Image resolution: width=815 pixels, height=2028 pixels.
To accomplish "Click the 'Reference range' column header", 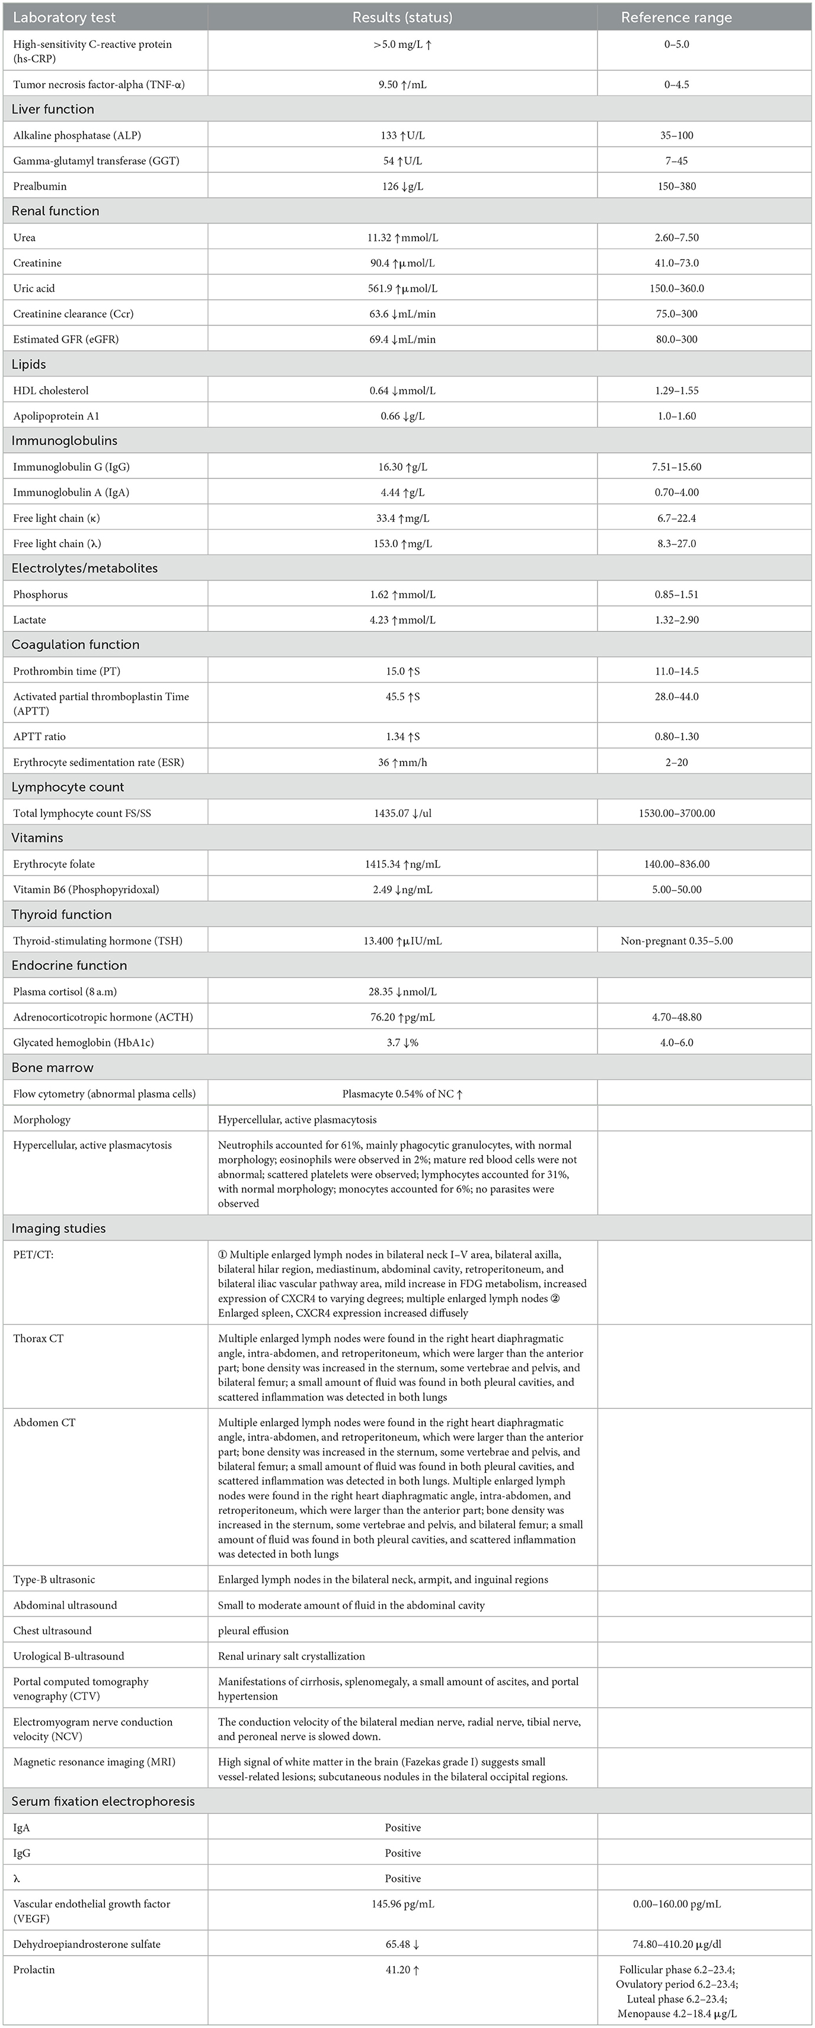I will pos(676,17).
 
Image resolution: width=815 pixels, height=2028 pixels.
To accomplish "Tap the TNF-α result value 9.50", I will pos(402,84).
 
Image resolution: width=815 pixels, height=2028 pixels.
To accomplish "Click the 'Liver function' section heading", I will pos(53,110).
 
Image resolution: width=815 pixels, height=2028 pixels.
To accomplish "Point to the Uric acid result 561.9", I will pos(402,289).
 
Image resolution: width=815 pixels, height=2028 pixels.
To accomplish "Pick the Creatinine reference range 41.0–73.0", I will pos(676,263).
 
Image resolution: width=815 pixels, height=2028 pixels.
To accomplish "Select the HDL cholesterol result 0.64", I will pos(402,391).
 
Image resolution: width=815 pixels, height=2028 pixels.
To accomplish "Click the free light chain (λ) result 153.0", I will pos(402,543).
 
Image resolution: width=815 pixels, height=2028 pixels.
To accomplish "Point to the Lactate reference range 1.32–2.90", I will pos(676,620).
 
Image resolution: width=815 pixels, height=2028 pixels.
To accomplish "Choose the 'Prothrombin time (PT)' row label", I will pos(67,671).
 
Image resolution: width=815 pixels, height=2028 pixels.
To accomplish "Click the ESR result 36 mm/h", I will pos(402,762).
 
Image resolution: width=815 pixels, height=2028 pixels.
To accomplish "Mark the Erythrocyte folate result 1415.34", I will pos(402,863).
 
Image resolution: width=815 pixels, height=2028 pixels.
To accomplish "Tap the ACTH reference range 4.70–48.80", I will pos(676,1017).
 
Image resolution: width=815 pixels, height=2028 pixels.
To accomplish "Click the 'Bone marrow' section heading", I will pos(53,1067).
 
